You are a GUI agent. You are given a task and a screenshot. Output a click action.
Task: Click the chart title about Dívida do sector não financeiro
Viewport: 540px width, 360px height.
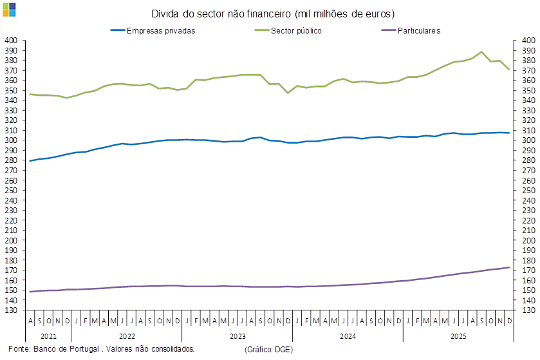point(274,14)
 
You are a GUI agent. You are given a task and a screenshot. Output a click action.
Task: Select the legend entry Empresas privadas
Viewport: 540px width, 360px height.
point(161,30)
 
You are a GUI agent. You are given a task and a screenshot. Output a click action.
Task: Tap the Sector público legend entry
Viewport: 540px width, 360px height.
point(297,30)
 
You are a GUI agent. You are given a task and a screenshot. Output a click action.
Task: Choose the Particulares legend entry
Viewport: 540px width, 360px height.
point(419,30)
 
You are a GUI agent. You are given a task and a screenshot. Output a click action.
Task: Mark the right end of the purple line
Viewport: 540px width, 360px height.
point(509,267)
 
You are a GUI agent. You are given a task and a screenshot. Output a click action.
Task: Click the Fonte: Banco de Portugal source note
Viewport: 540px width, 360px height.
point(100,348)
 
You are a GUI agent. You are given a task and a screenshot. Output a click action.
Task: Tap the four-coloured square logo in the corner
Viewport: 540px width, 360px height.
point(10,9)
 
